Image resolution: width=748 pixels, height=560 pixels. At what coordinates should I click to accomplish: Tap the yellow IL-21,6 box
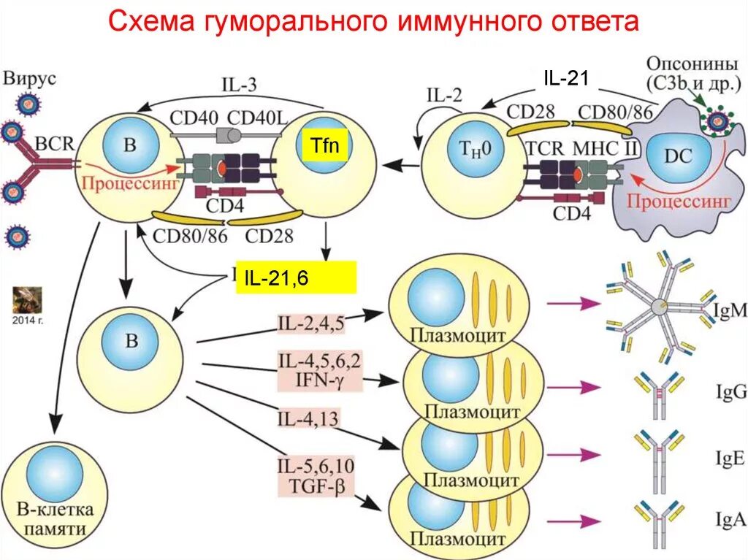point(295,277)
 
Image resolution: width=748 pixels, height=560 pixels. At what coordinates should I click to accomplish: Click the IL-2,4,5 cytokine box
point(310,322)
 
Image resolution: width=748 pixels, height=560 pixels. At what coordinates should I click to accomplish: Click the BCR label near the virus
point(56,144)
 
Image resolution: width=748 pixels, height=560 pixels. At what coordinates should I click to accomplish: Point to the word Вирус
point(30,77)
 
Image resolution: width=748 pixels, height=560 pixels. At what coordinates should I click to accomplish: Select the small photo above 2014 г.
point(27,299)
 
